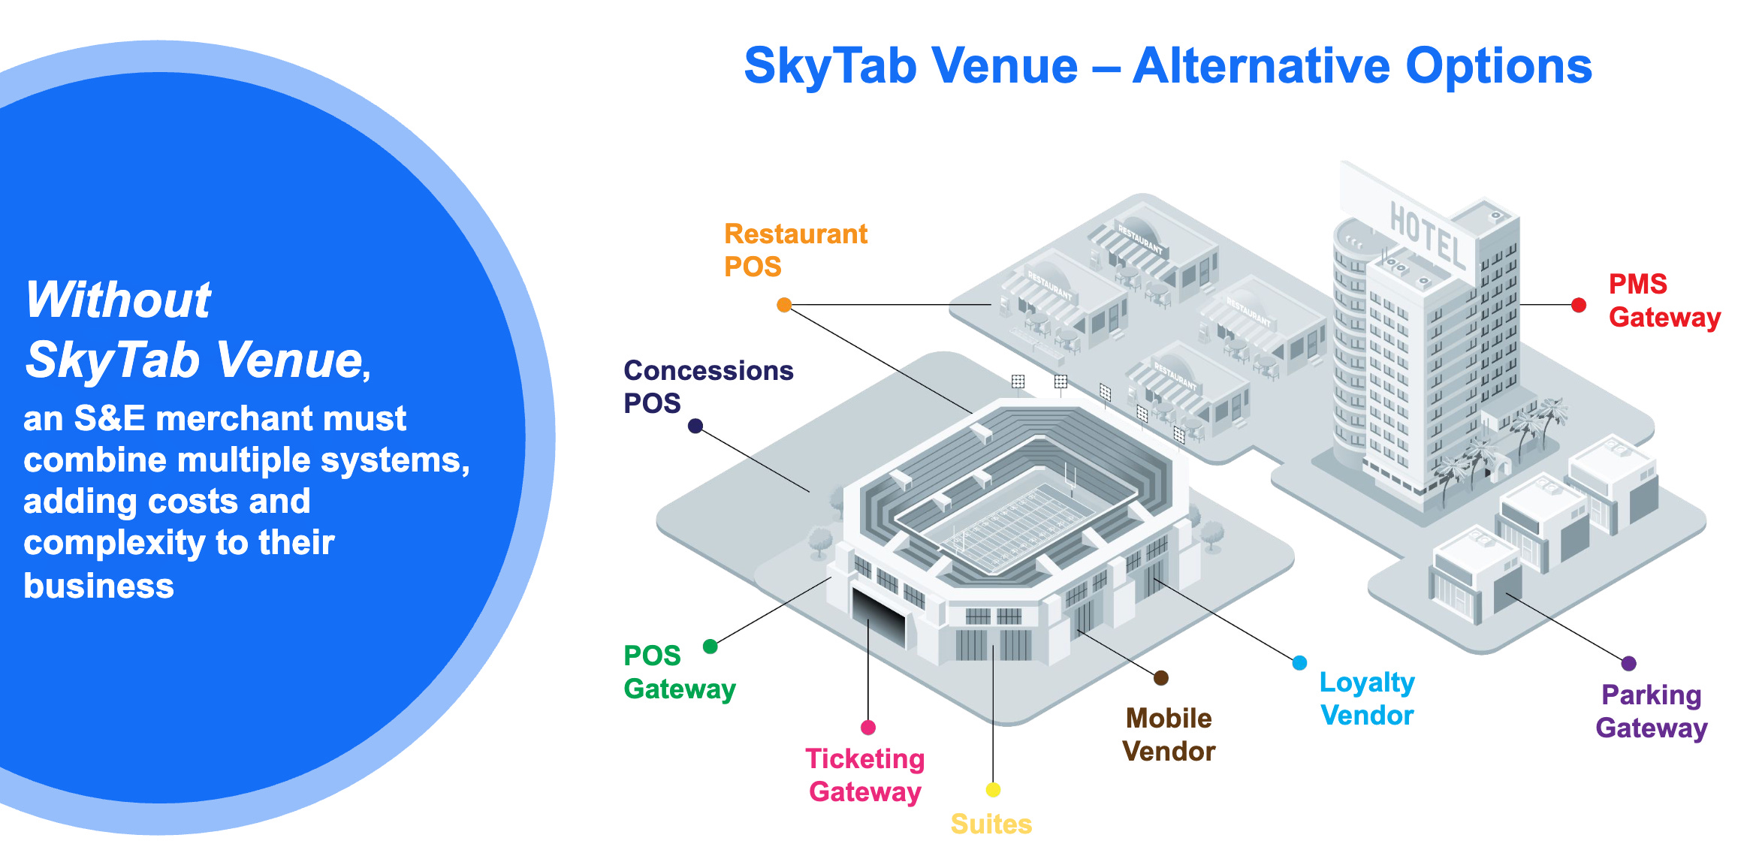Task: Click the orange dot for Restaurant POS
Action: [784, 305]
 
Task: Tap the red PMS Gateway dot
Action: [1579, 305]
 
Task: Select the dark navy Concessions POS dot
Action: [695, 426]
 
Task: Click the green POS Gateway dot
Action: [710, 647]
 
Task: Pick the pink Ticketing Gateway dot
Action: [868, 727]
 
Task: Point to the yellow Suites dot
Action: [993, 789]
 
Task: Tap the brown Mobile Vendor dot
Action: [1161, 678]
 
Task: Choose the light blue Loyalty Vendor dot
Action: [1299, 663]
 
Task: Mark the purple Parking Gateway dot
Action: [1629, 663]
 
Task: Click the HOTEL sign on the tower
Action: [1427, 236]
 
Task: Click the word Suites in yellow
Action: [991, 824]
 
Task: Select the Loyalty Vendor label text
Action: [1367, 698]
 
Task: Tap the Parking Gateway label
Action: [1652, 711]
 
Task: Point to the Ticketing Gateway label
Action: [865, 775]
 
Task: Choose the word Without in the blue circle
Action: [118, 300]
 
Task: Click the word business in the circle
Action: [98, 585]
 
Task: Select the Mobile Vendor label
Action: [1169, 734]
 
